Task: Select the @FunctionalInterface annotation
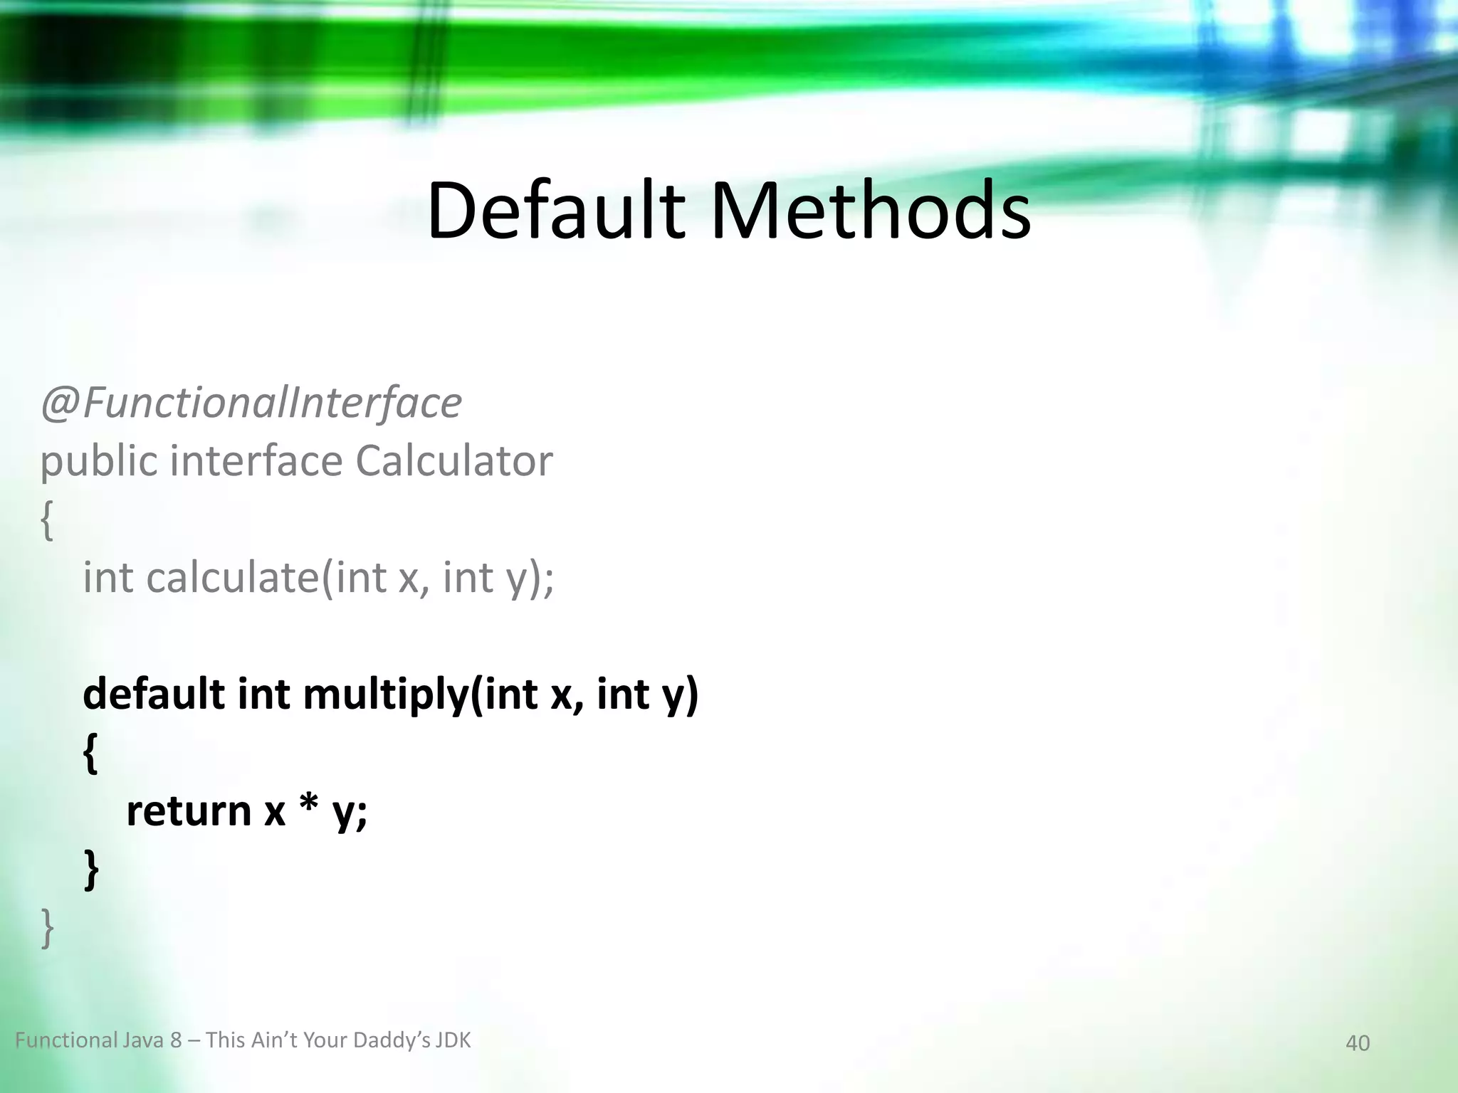point(251,403)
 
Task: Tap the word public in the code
point(98,462)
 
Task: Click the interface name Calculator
point(453,460)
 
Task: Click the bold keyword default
point(154,693)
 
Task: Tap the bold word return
point(189,810)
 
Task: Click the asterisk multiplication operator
point(308,808)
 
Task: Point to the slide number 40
point(1357,1043)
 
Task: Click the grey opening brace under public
point(47,520)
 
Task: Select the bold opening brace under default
point(90,754)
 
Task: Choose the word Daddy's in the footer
point(392,1040)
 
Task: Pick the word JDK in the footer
point(453,1040)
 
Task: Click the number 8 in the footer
point(176,1040)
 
